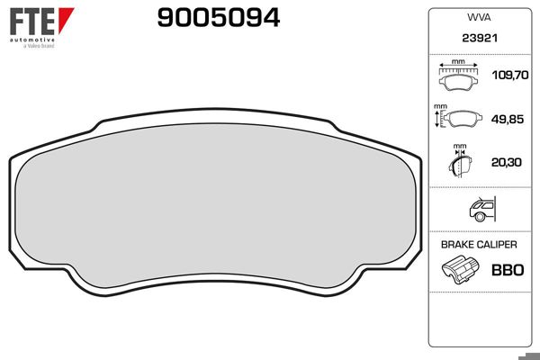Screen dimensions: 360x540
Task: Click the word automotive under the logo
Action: (x=31, y=40)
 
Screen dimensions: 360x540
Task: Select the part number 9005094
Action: (x=219, y=18)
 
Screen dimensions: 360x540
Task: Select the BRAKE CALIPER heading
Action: (x=479, y=244)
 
